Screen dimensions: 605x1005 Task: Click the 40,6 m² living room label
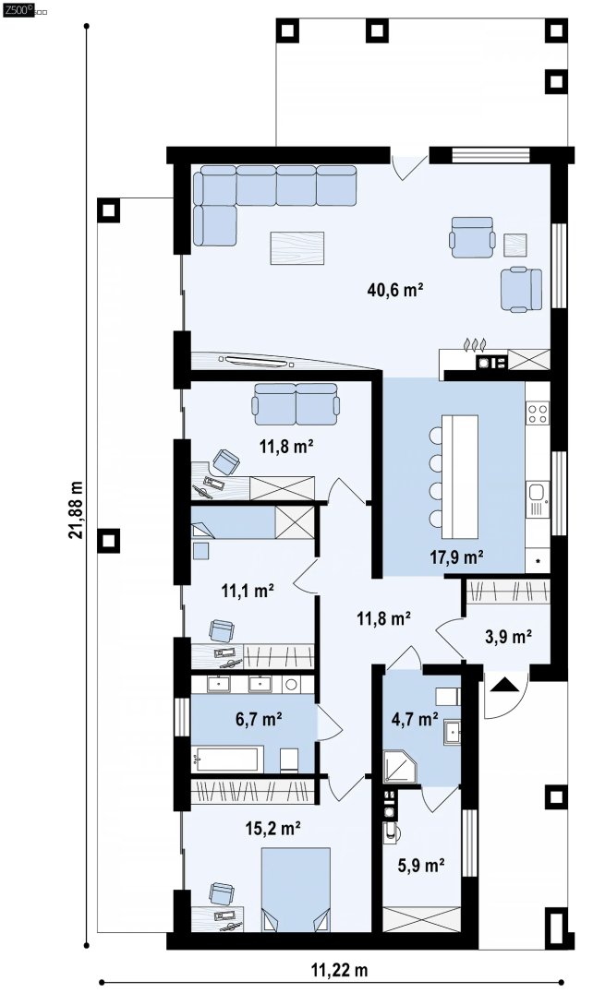point(395,291)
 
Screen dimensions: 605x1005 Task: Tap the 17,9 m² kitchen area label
point(457,557)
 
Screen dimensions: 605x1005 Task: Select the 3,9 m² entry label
point(508,637)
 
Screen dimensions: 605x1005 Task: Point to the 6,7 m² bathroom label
point(260,719)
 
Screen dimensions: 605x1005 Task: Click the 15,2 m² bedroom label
point(273,829)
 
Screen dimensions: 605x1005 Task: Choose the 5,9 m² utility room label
point(421,866)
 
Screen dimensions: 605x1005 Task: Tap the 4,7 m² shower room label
point(415,719)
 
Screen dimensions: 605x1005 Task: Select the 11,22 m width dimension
point(340,970)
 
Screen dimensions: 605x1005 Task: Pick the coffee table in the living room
point(297,248)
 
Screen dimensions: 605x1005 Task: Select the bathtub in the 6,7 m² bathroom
point(227,760)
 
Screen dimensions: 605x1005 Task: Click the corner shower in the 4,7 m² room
point(400,767)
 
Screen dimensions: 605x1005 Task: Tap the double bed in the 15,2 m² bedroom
point(296,890)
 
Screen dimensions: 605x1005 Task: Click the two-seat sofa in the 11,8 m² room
point(296,404)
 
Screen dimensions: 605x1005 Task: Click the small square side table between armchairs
point(515,245)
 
